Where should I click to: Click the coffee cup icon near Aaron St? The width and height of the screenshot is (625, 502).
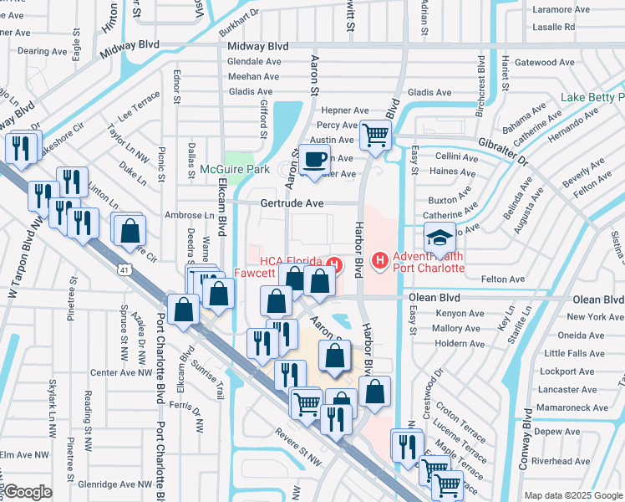click(315, 159)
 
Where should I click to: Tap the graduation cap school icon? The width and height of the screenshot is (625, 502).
click(440, 236)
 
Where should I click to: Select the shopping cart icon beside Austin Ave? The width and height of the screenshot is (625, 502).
click(376, 133)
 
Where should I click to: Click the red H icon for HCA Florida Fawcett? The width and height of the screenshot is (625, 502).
click(335, 266)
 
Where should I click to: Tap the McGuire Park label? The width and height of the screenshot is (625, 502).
click(235, 169)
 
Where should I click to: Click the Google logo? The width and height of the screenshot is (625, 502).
click(28, 492)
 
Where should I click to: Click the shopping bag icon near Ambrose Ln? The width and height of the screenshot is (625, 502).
click(130, 232)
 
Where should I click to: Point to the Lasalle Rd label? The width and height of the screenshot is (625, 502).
click(553, 27)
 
